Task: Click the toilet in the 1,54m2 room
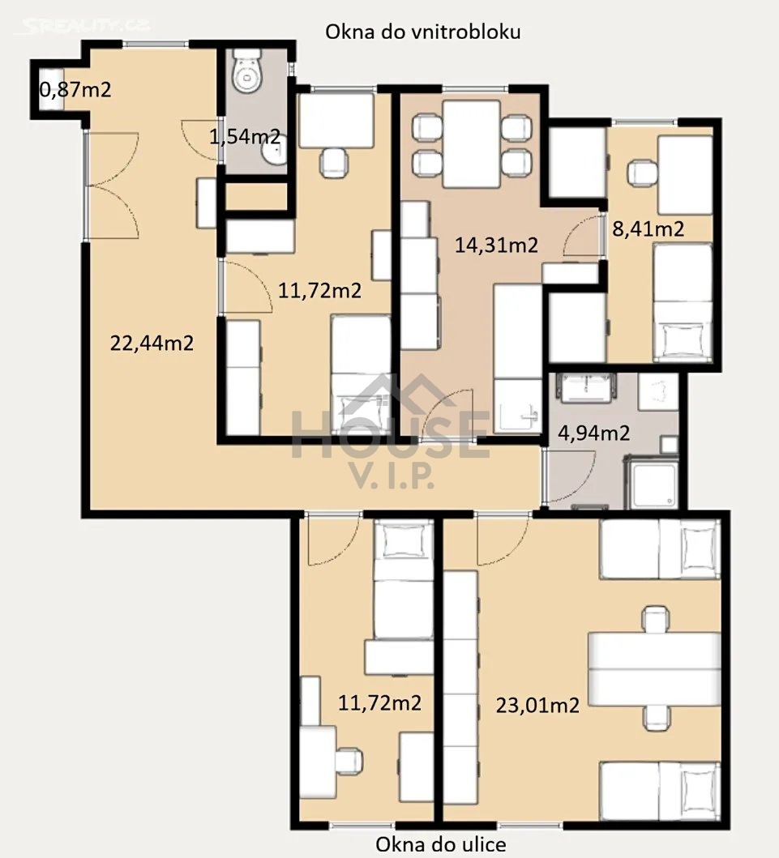click(247, 70)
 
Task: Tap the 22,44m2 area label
click(152, 343)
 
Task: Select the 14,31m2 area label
click(497, 245)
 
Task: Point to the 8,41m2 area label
click(648, 228)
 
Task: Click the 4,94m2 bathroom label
click(594, 433)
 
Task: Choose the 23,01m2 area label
click(537, 706)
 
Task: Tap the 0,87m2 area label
click(75, 89)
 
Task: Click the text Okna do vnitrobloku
click(422, 32)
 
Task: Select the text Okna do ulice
click(441, 844)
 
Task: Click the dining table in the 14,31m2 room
click(471, 144)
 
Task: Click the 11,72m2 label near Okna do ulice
click(379, 702)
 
